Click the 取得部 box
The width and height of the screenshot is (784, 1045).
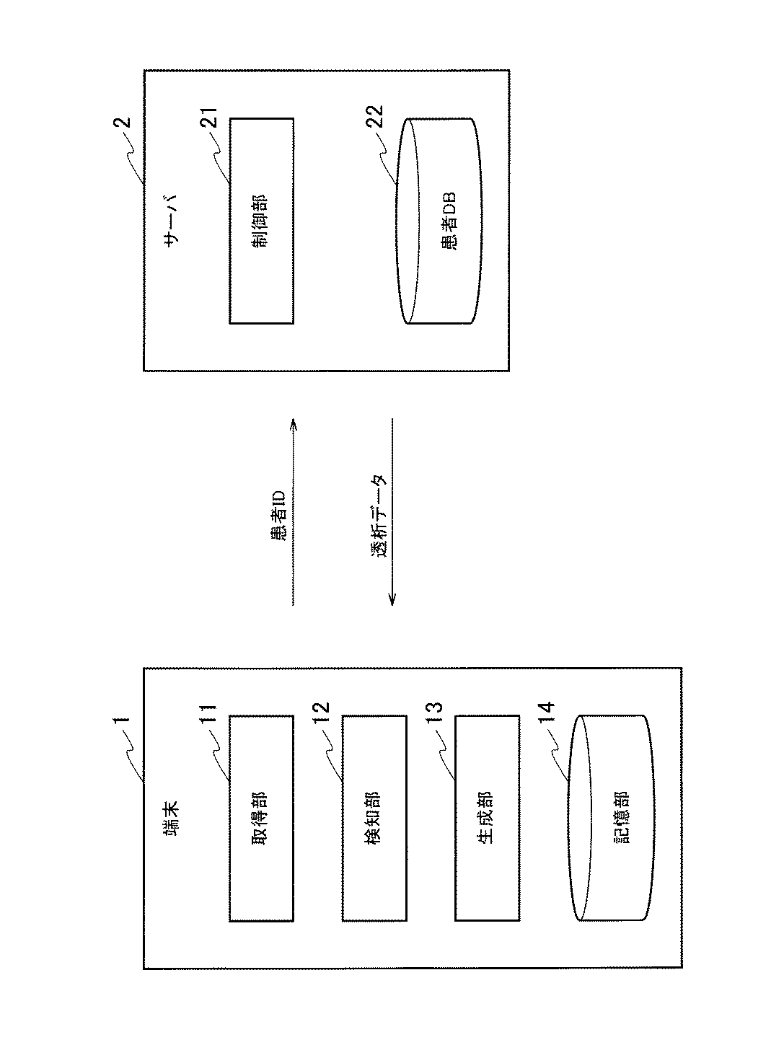[261, 818]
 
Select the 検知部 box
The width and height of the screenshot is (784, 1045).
[374, 818]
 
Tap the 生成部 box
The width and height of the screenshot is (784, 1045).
[487, 818]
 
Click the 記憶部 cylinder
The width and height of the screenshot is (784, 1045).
[611, 818]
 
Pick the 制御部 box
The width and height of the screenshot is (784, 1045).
[261, 221]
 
